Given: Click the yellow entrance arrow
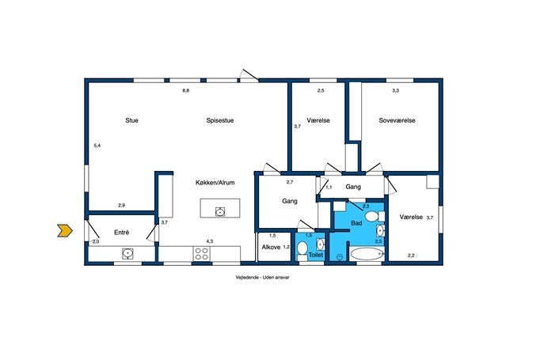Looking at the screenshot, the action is pyautogui.click(x=65, y=230).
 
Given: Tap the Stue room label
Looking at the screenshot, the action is pyautogui.click(x=131, y=120).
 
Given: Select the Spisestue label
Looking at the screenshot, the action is pyautogui.click(x=220, y=120).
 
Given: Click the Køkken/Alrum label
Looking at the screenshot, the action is pyautogui.click(x=215, y=183).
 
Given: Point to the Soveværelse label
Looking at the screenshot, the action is pyautogui.click(x=397, y=120).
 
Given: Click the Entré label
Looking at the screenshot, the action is pyautogui.click(x=121, y=233).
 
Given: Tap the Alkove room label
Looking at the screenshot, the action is pyautogui.click(x=271, y=248).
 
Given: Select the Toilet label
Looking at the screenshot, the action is pyautogui.click(x=316, y=255).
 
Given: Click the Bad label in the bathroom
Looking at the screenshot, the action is pyautogui.click(x=356, y=223).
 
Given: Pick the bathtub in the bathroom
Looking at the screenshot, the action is pyautogui.click(x=367, y=254).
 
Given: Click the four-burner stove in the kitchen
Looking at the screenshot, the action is pyautogui.click(x=202, y=253).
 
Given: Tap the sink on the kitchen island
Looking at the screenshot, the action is pyautogui.click(x=220, y=211).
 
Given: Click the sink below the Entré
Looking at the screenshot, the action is pyautogui.click(x=127, y=253).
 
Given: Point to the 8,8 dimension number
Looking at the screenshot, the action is pyautogui.click(x=186, y=91).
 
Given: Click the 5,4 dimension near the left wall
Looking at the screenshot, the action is pyautogui.click(x=97, y=146).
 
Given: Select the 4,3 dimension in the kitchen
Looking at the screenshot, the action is pyautogui.click(x=210, y=241).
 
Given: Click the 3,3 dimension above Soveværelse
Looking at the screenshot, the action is pyautogui.click(x=395, y=90).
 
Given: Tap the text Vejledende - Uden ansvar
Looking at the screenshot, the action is pyautogui.click(x=262, y=278).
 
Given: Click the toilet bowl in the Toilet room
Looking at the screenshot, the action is pyautogui.click(x=302, y=249).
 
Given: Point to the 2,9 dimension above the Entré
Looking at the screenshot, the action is pyautogui.click(x=121, y=205).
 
